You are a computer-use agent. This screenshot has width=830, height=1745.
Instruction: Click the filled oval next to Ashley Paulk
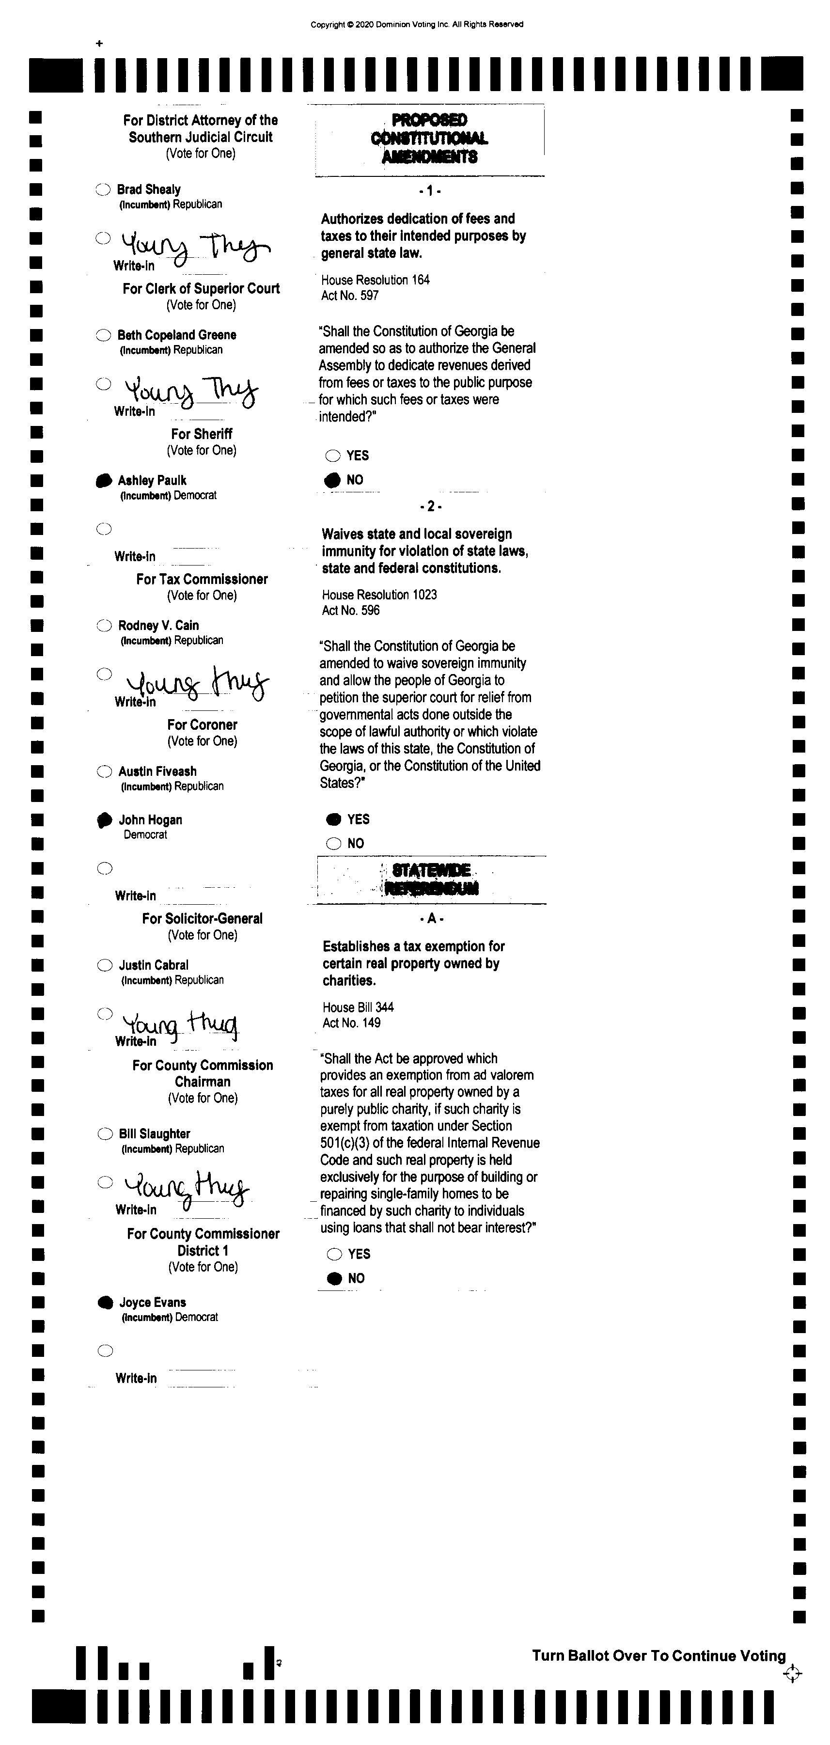coord(103,480)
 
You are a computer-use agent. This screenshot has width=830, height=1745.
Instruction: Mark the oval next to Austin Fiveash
coord(104,771)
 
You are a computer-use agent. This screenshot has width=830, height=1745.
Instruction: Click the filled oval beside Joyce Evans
coord(105,1303)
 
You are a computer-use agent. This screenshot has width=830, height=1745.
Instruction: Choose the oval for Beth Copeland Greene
coord(103,335)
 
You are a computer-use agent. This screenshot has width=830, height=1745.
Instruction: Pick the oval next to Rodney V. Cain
coord(104,625)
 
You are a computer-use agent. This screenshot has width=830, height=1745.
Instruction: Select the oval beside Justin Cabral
coord(104,965)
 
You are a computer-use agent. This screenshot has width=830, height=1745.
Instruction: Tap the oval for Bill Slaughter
coord(105,1134)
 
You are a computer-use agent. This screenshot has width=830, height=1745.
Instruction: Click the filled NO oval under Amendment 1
coord(333,480)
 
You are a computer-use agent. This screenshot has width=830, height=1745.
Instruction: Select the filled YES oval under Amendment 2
coord(334,819)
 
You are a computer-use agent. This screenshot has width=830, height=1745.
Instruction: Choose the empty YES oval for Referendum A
coord(334,1255)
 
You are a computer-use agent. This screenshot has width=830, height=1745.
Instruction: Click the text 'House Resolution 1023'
coord(379,595)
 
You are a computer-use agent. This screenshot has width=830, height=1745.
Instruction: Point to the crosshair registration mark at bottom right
coord(792,1674)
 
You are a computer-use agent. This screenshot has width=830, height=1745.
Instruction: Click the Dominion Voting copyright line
coord(417,24)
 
